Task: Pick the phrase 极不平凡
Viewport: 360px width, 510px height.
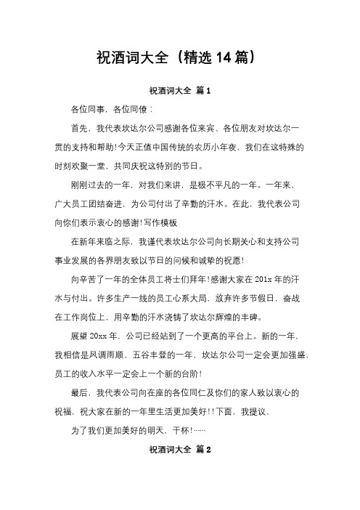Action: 216,185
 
